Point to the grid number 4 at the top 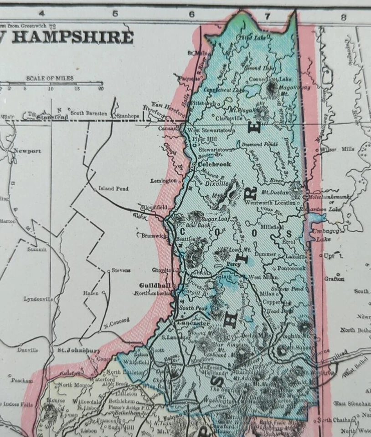click(41, 14)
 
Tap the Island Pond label click(114, 188)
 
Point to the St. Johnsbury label click(78, 351)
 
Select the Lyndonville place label click(38, 299)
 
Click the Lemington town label click(164, 181)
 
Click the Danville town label click(27, 350)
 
